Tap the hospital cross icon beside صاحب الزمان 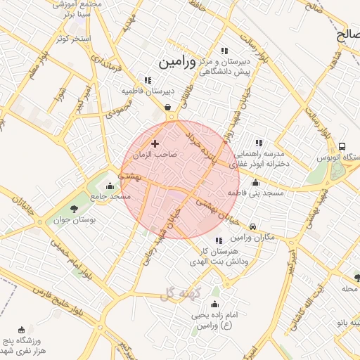(155, 143)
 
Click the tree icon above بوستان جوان (74, 208)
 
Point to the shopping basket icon (169, 108)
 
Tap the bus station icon (342, 146)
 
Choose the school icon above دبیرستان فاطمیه (148, 80)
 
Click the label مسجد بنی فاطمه (255, 192)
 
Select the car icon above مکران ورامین (253, 226)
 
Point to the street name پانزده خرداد (202, 148)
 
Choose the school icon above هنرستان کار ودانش (219, 241)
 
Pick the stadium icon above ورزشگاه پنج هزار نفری (21, 330)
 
